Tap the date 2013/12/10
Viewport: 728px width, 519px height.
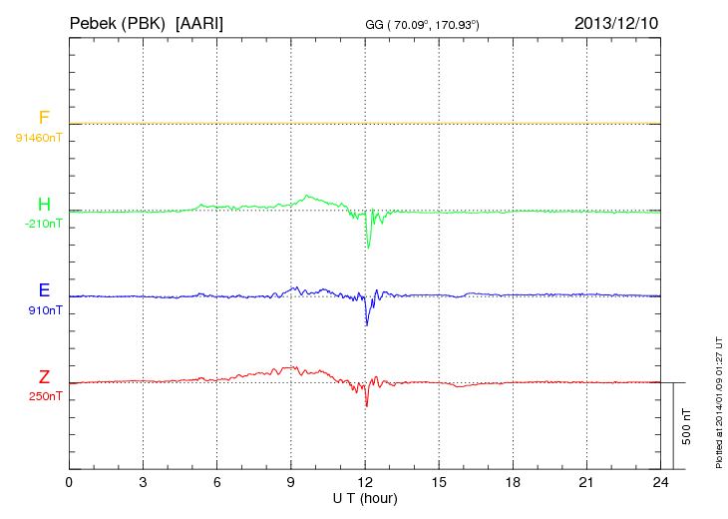616,22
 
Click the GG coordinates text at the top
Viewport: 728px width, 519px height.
423,24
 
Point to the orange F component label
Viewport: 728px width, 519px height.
44,119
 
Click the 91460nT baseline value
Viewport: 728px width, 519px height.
39,136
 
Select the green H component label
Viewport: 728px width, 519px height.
44,206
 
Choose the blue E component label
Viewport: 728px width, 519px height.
44,291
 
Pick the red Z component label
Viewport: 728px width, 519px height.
44,377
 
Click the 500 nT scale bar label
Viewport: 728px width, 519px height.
686,426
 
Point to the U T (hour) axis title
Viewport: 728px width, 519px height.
365,498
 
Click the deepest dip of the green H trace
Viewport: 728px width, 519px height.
368,248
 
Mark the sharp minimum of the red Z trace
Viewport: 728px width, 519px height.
367,405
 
